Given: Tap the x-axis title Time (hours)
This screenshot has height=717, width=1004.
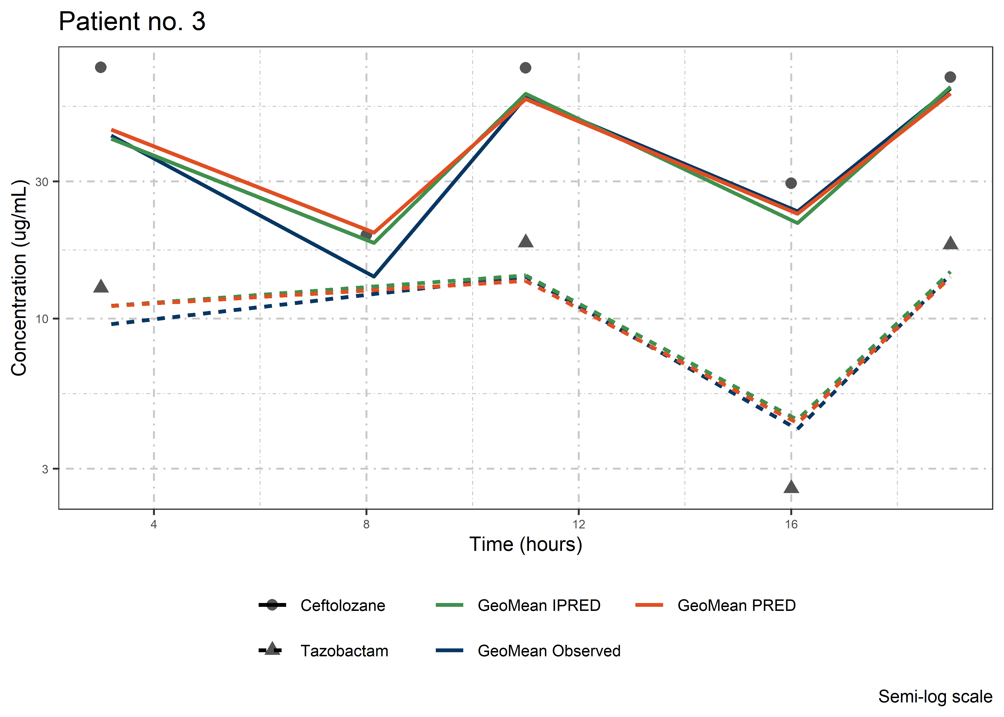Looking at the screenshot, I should click(x=525, y=544).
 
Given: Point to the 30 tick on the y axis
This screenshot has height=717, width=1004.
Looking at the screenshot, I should click(x=42, y=181).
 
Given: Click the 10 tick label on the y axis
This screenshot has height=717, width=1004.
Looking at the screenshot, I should click(x=42, y=319).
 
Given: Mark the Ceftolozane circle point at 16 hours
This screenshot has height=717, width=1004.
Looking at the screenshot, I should click(x=791, y=183).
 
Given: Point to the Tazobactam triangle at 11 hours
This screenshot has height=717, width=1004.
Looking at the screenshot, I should click(x=525, y=241).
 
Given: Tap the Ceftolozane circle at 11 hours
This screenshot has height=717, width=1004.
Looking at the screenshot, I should click(x=525, y=68).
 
